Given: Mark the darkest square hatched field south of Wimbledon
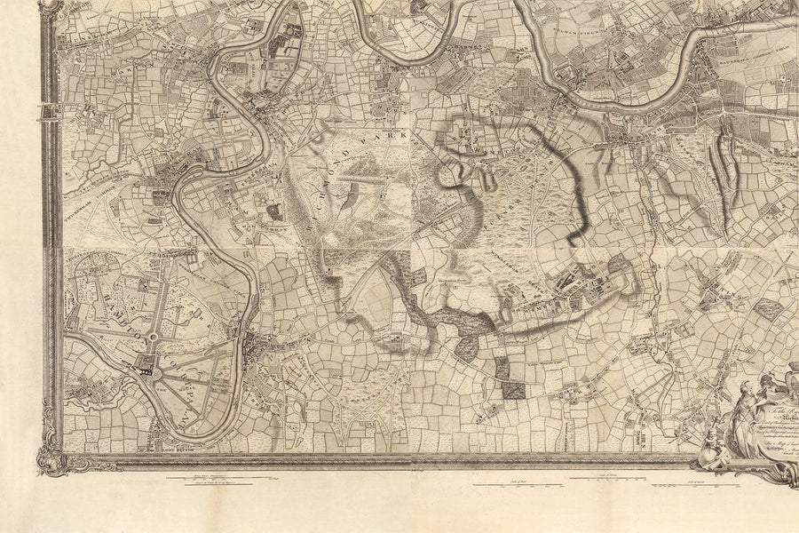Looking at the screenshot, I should point(513,387).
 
